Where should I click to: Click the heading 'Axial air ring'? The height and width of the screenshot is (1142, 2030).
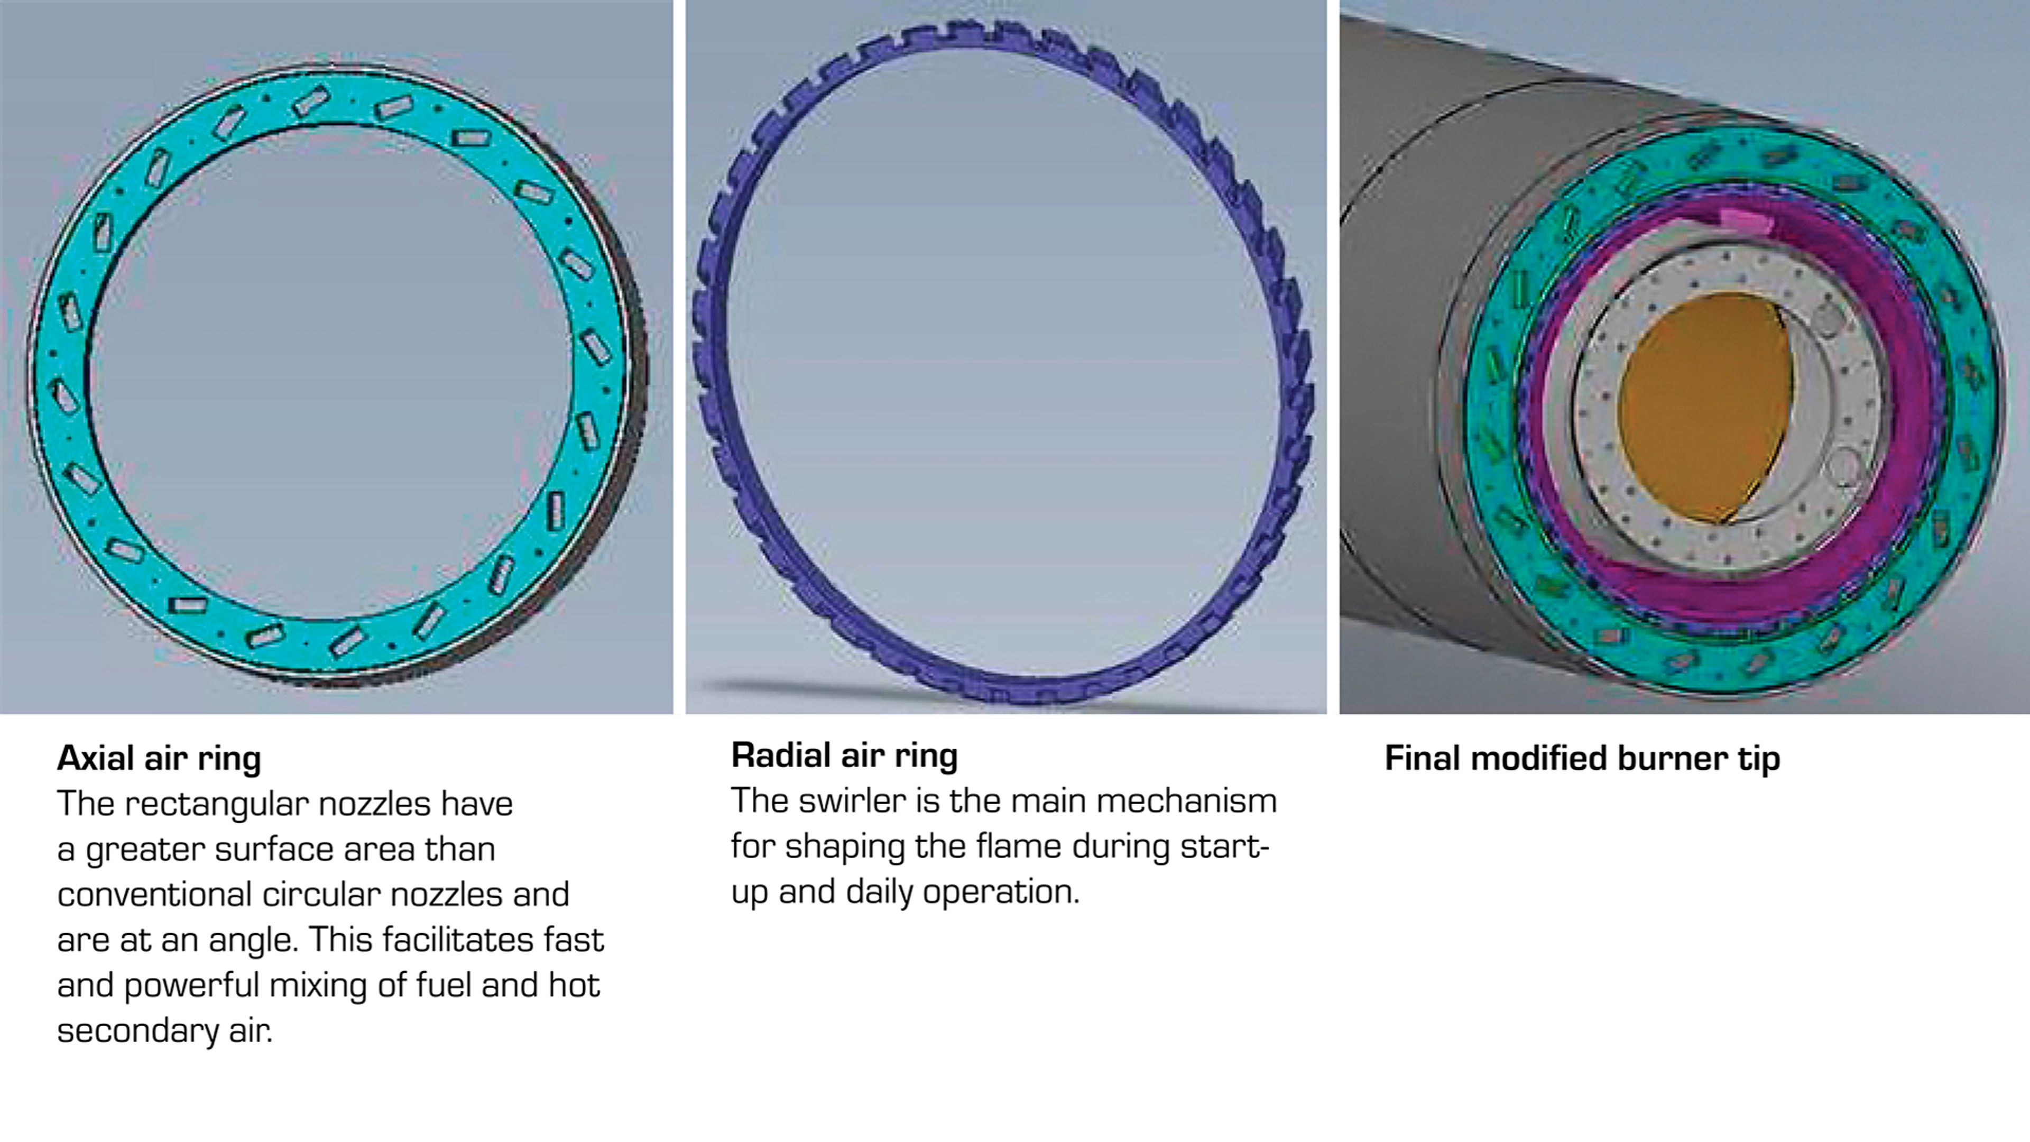(x=159, y=758)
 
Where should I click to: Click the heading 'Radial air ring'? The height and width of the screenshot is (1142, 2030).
(x=844, y=755)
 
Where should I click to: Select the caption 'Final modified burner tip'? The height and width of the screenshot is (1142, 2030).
(x=1582, y=758)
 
